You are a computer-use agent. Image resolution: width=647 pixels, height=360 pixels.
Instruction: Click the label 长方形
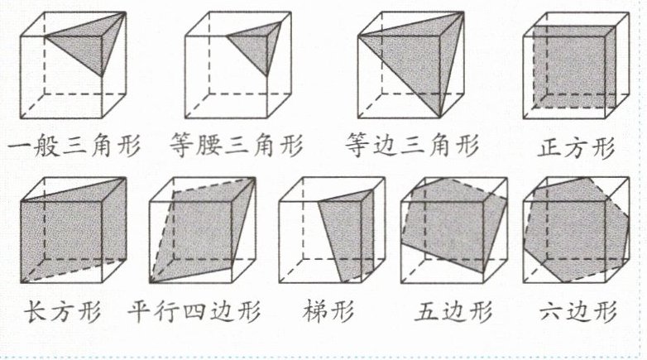click(x=64, y=313)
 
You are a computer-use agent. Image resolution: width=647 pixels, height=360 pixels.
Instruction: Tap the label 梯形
click(x=328, y=313)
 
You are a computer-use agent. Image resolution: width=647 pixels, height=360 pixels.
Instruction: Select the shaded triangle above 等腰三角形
click(x=256, y=46)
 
